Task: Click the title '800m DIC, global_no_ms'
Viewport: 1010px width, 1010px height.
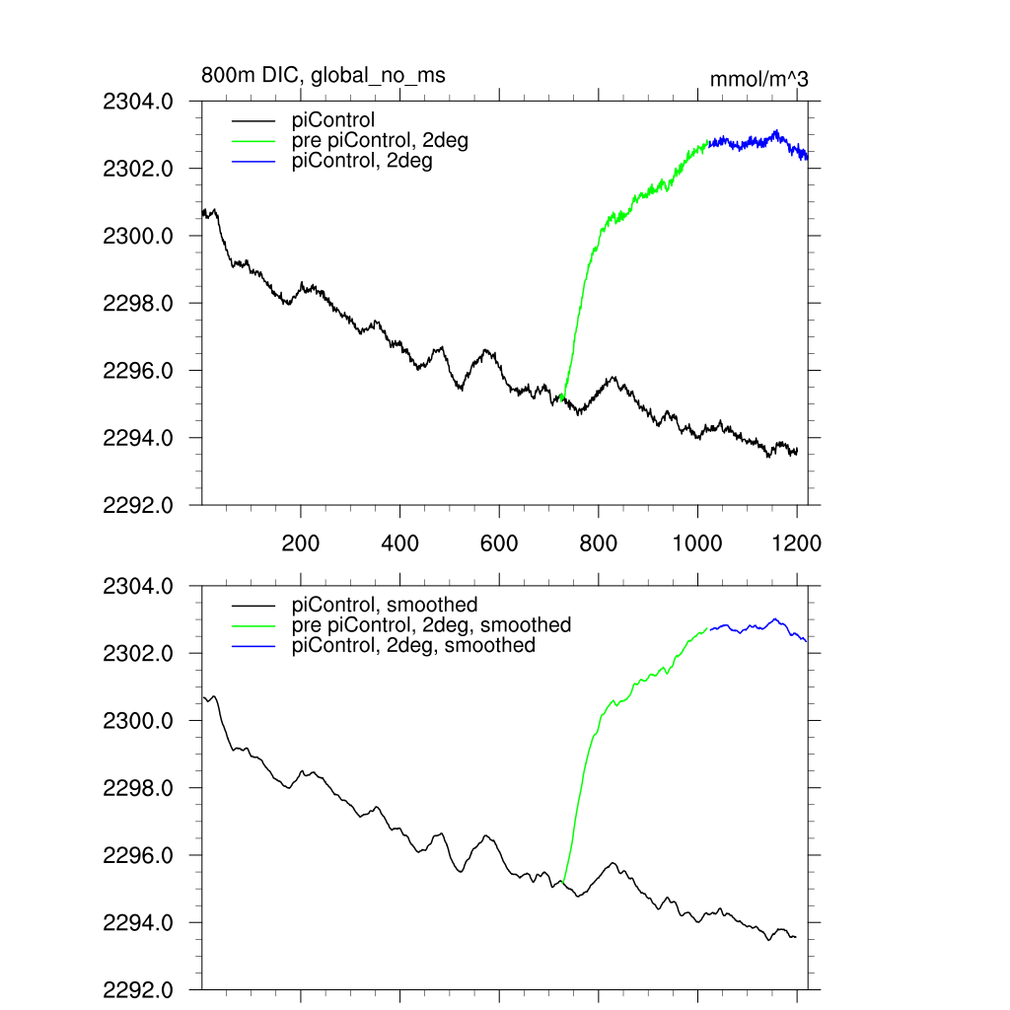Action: (x=317, y=75)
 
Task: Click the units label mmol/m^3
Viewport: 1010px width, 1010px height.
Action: (x=758, y=79)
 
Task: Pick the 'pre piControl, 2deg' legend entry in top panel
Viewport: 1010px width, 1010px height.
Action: (x=380, y=141)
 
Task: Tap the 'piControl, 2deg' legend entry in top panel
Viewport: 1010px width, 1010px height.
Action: (x=362, y=161)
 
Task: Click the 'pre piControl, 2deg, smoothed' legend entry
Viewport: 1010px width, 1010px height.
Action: (x=431, y=624)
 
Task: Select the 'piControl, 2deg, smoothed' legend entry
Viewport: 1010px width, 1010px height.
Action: (x=413, y=645)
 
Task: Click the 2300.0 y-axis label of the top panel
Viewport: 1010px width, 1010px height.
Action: (x=138, y=236)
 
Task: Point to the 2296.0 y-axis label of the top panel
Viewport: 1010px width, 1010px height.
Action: (x=138, y=371)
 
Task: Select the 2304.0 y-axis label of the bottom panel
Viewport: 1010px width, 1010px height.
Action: (x=138, y=586)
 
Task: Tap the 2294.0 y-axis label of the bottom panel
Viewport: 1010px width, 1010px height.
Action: (x=138, y=923)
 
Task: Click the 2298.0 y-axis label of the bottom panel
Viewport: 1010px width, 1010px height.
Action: (x=138, y=788)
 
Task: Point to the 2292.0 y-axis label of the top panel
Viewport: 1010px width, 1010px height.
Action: (x=138, y=505)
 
